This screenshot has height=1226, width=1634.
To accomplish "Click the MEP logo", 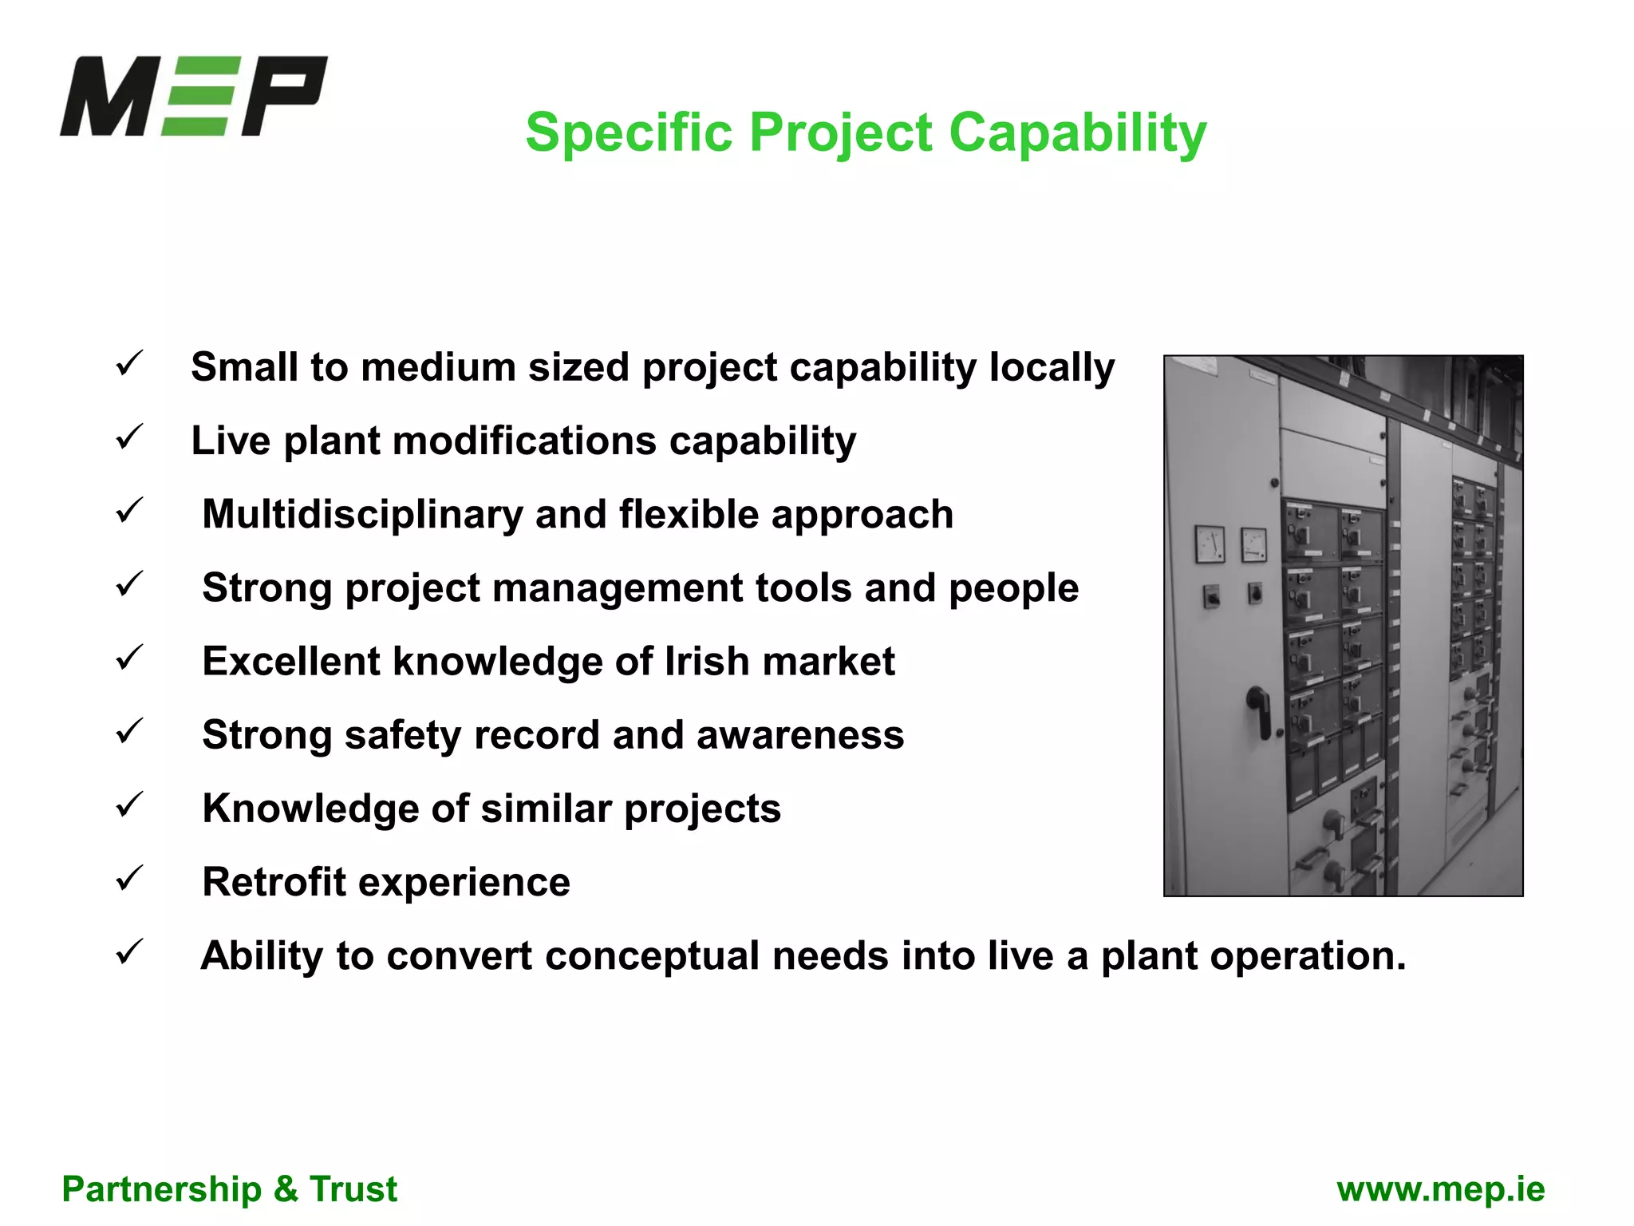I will pyautogui.click(x=194, y=96).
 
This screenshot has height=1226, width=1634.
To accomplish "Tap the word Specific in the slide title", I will pyautogui.click(x=628, y=132).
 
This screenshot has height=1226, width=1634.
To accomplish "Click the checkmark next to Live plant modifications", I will pyautogui.click(x=129, y=437).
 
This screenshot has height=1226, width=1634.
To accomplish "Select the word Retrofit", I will pyautogui.click(x=274, y=882).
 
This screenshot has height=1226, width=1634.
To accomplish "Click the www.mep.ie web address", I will pyautogui.click(x=1440, y=1189).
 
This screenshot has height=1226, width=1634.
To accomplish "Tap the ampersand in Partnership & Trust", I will pyautogui.click(x=286, y=1189).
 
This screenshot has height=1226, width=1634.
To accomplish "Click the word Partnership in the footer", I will pyautogui.click(x=161, y=1189).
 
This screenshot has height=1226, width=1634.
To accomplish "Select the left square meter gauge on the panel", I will pyautogui.click(x=1210, y=544).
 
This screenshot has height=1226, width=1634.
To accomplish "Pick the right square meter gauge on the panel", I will pyautogui.click(x=1253, y=545).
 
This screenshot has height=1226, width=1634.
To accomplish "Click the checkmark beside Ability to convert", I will pyautogui.click(x=129, y=951).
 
